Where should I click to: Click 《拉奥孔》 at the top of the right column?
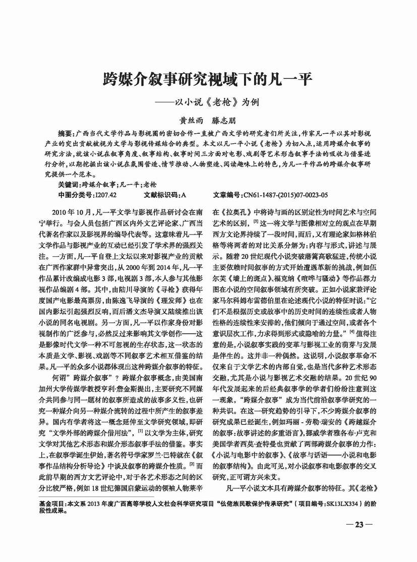point(236,210)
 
